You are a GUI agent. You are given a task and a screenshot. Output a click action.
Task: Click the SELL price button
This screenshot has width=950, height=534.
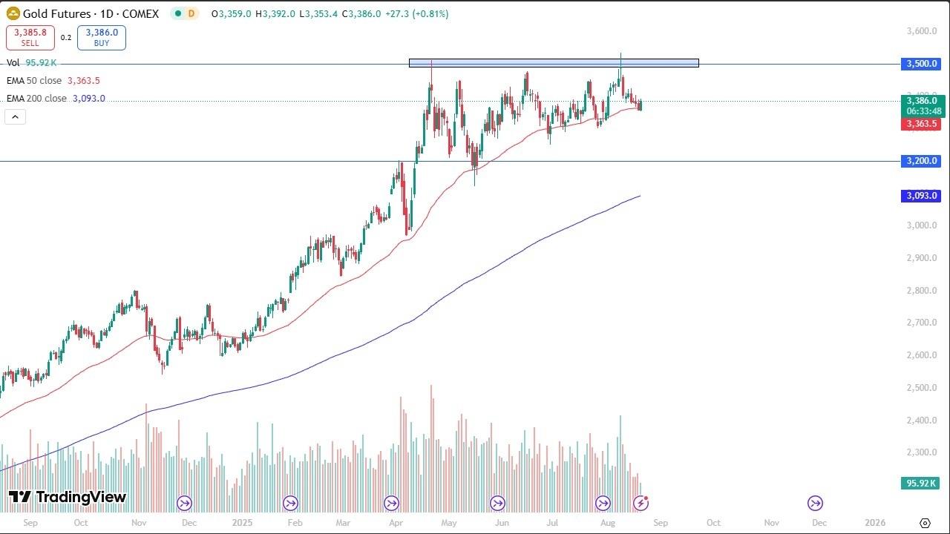click(30, 38)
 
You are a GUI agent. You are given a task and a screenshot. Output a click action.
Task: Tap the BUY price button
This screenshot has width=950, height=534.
click(102, 38)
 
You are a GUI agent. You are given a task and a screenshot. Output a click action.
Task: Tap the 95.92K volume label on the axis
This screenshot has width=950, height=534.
click(920, 484)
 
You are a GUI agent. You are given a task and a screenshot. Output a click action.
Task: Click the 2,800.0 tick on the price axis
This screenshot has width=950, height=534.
click(921, 291)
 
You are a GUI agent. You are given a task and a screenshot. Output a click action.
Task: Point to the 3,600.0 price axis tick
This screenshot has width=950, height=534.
click(921, 31)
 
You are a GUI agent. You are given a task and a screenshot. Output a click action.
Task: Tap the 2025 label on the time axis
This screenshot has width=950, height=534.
click(243, 522)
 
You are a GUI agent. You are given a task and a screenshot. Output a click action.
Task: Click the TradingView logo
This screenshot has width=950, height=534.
click(68, 497)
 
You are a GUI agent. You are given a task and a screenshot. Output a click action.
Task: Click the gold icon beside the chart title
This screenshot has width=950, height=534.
click(13, 13)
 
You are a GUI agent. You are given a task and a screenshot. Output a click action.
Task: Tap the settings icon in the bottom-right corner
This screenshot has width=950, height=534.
click(925, 523)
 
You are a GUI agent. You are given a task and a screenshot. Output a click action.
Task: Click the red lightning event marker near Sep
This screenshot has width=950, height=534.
click(641, 504)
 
